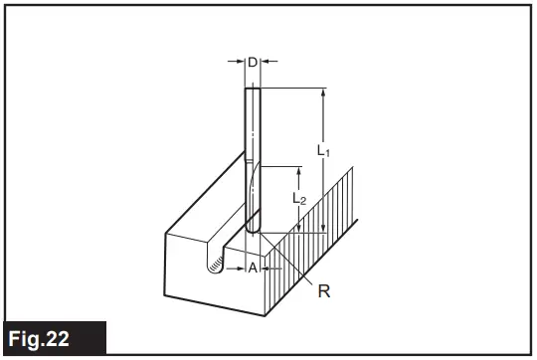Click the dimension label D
pos(253,63)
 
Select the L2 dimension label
pos(299,199)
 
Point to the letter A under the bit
pos(253,269)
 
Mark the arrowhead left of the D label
pos(241,62)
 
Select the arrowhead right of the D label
pos(266,62)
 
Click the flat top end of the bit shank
pos(253,89)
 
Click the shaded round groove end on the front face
pos(213,263)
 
